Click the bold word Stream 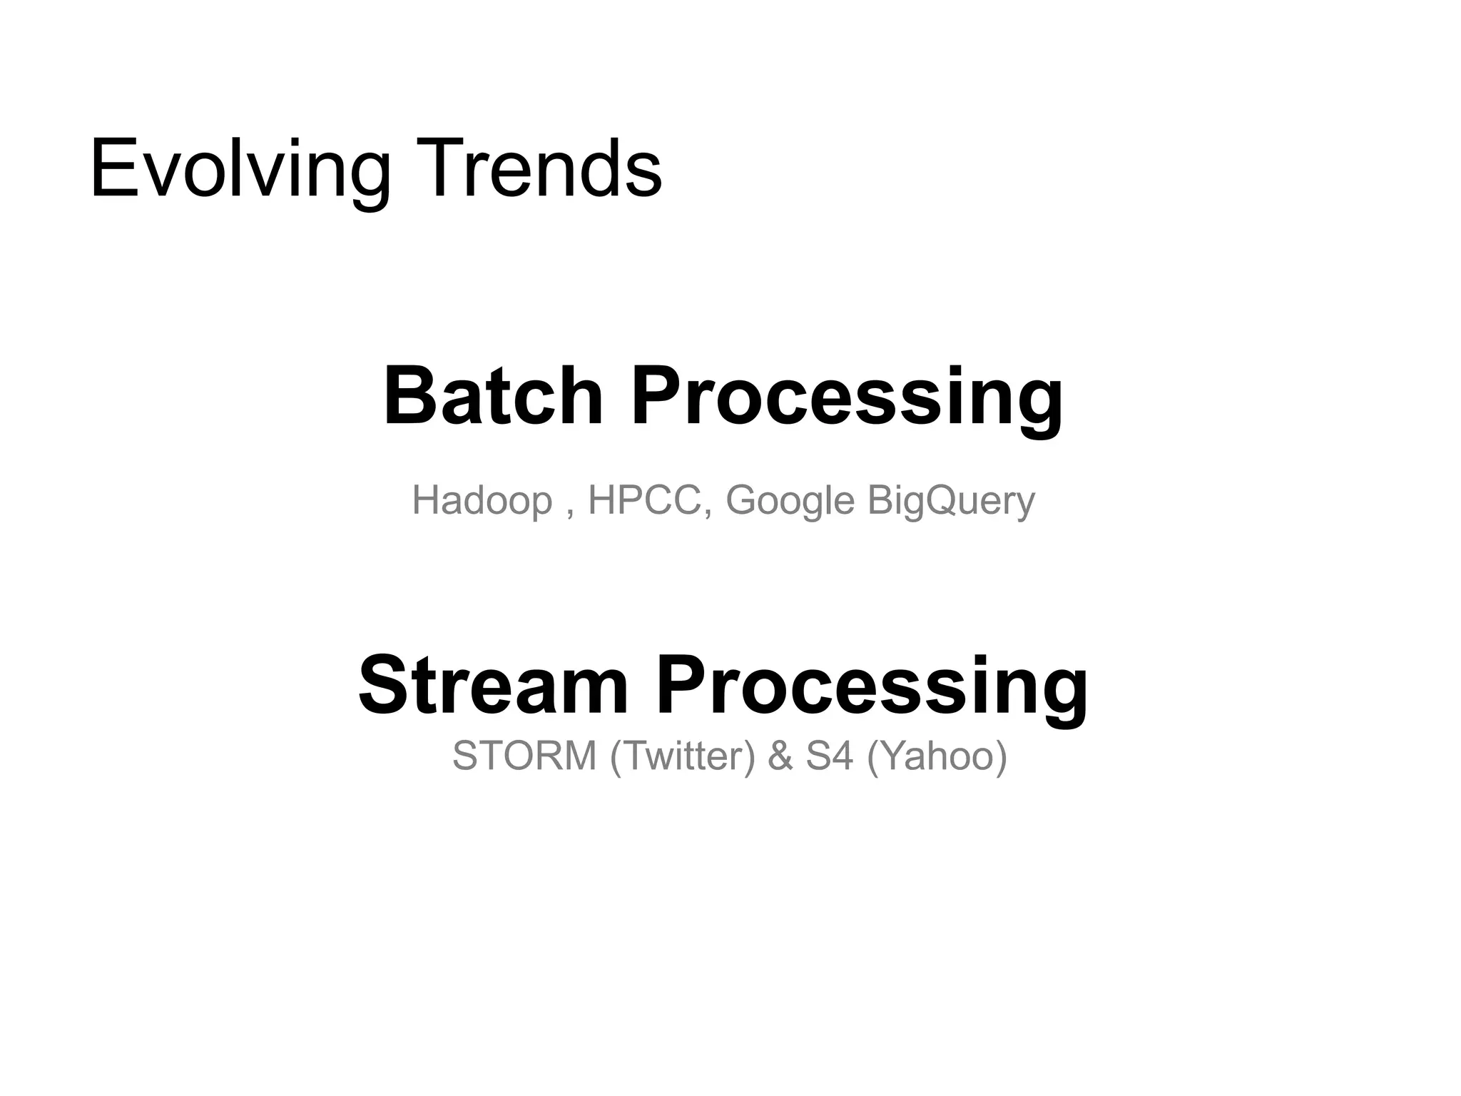[x=492, y=685]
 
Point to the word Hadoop [x=482, y=500]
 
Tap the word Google [x=790, y=500]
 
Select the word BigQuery [x=951, y=500]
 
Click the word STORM [x=524, y=755]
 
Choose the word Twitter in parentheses [x=683, y=755]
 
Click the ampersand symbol [x=780, y=755]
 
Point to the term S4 [x=830, y=755]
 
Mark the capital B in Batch [x=409, y=396]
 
